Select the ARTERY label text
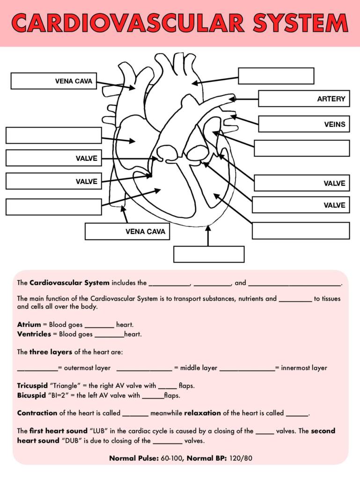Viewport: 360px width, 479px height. point(331,99)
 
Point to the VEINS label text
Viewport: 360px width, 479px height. point(335,124)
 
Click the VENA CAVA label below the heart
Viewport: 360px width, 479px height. point(145,232)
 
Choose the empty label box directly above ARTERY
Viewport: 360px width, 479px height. point(276,76)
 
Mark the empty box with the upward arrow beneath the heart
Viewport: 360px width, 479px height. point(209,254)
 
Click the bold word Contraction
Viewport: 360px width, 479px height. point(37,413)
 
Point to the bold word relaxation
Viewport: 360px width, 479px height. point(202,413)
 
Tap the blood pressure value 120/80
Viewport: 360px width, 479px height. point(241,458)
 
